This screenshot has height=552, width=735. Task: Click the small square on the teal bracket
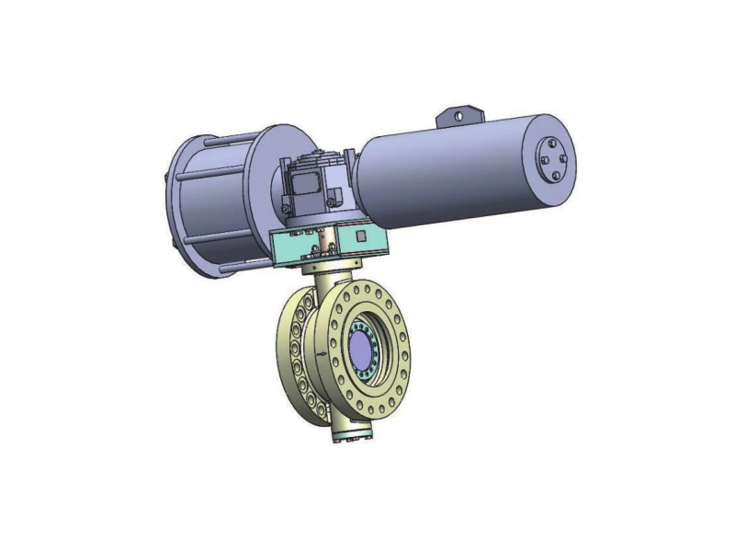click(362, 237)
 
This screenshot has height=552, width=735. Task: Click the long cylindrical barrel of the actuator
click(450, 175)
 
